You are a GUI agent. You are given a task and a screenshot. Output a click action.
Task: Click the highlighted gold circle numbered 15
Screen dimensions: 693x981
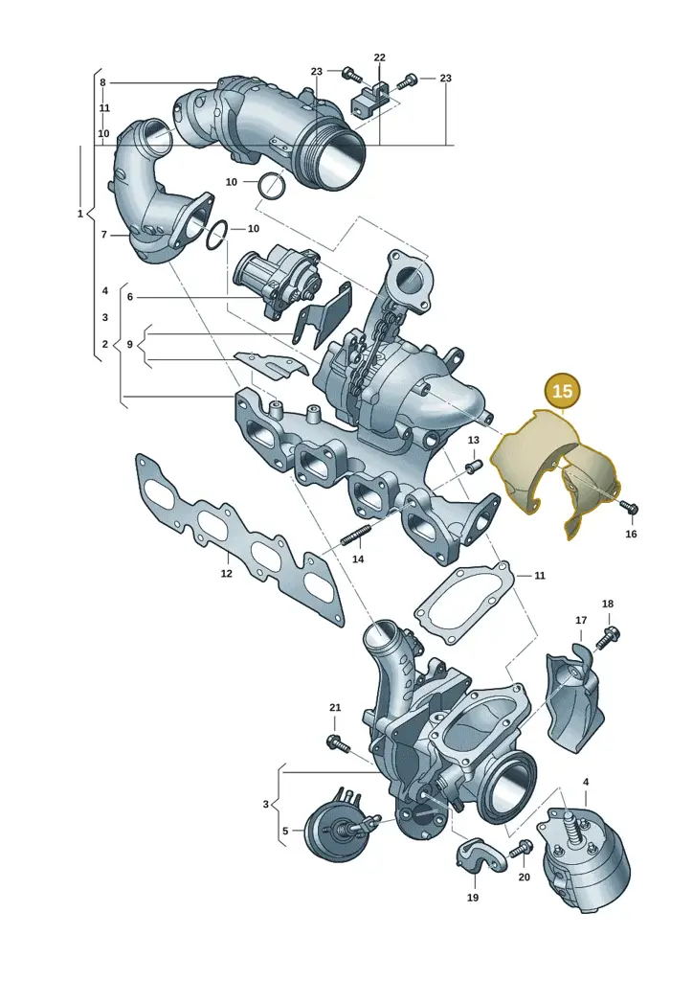coord(563,391)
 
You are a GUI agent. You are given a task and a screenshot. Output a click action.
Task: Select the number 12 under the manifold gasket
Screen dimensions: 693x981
coord(226,573)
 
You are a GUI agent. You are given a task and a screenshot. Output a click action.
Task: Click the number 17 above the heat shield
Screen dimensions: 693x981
coord(581,620)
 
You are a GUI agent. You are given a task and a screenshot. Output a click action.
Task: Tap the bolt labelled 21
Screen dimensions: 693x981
coord(338,744)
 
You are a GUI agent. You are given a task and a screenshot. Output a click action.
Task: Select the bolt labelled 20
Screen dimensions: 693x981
coord(520,851)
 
